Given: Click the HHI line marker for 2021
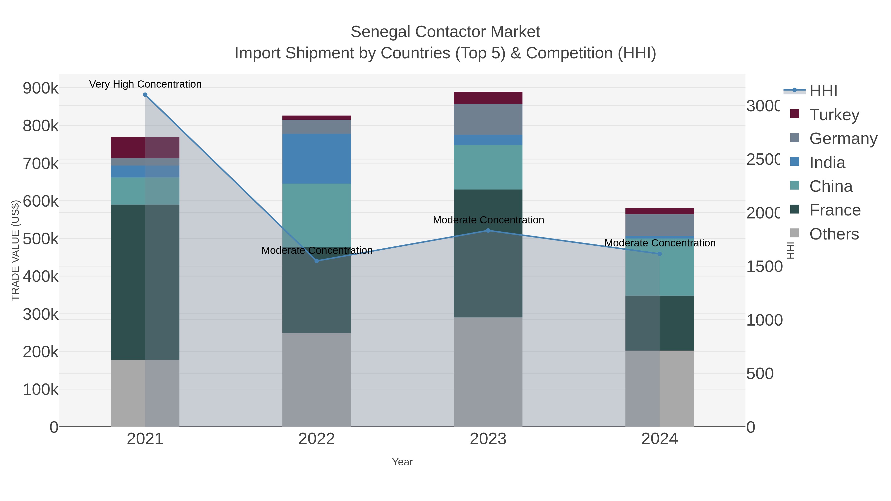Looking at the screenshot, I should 145,95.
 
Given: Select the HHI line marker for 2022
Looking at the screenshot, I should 317,261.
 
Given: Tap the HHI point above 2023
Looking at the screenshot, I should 488,230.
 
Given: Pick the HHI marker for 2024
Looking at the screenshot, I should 660,254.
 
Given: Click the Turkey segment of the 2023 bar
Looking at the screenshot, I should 488,98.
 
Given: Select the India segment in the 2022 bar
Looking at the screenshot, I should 317,159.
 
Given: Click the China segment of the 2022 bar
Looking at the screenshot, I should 317,215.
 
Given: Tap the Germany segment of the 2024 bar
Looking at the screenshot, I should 660,225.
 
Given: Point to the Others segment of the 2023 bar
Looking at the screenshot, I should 488,372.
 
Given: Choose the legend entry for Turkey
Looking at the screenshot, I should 834,115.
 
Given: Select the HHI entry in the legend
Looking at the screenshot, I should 823,91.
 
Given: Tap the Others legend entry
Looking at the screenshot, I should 834,234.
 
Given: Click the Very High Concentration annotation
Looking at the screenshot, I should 145,84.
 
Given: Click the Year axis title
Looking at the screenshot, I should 402,462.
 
